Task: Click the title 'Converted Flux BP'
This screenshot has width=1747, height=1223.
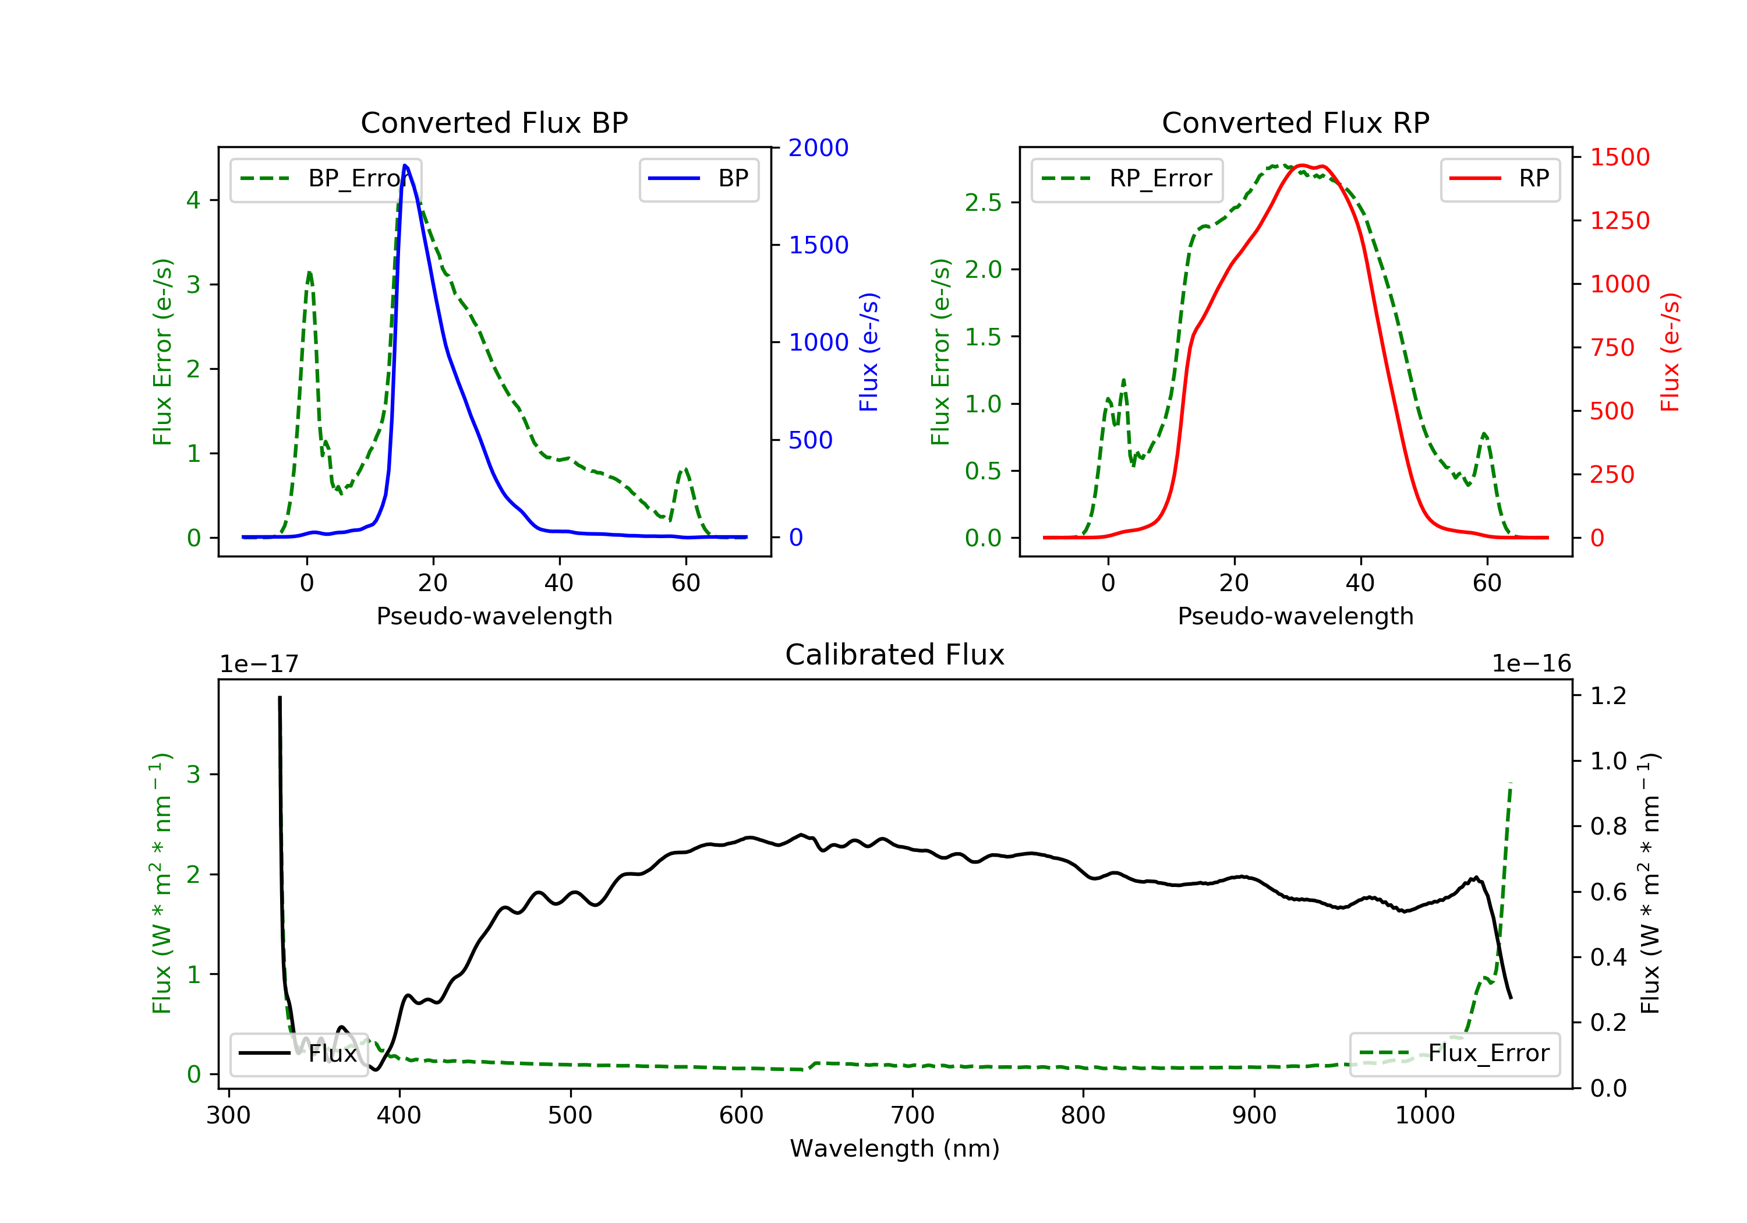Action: point(494,122)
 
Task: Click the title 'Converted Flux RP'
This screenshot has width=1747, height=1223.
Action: point(1295,122)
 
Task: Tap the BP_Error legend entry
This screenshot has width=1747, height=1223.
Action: point(326,179)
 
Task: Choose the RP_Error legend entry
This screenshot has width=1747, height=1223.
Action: point(1127,179)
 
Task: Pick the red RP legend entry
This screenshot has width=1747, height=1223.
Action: point(1500,179)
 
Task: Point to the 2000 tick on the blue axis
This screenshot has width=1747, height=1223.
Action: point(818,148)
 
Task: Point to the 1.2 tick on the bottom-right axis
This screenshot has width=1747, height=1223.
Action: point(1608,695)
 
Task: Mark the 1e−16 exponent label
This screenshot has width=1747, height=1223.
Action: point(1531,664)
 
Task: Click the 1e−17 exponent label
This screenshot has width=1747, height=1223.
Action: point(259,664)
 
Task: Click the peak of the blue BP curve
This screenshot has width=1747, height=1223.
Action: point(405,165)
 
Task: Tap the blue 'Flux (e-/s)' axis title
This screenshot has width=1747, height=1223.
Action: point(869,352)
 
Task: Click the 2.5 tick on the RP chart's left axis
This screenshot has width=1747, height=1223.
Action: point(982,203)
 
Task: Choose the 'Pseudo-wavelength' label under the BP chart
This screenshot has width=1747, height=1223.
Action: point(494,616)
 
